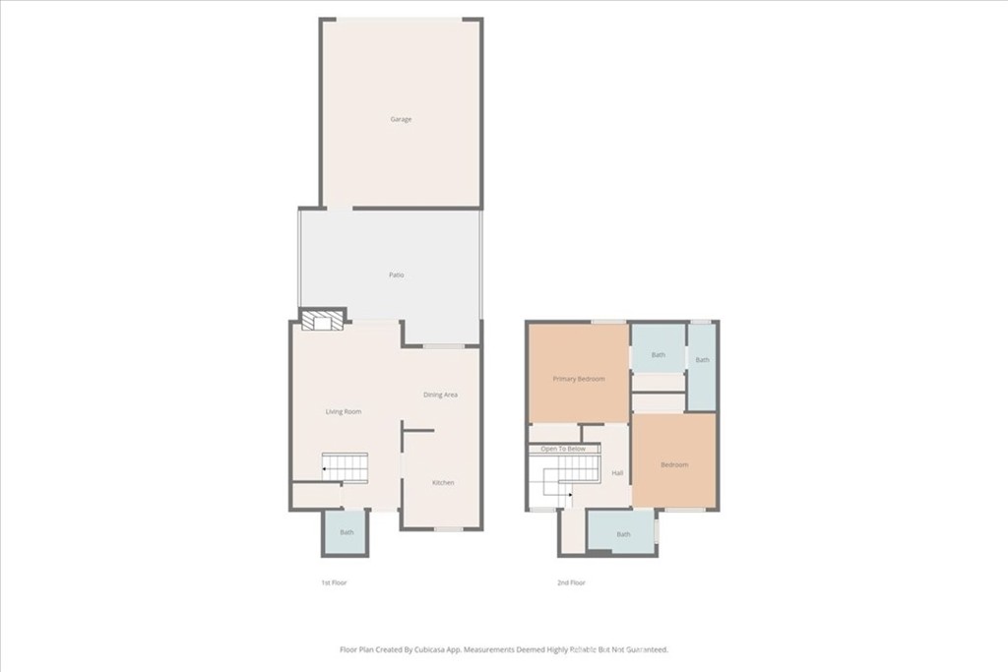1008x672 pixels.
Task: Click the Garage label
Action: click(x=401, y=119)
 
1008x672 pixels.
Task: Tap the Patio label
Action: click(x=396, y=275)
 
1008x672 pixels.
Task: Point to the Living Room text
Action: click(x=344, y=411)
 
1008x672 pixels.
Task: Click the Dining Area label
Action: click(x=440, y=395)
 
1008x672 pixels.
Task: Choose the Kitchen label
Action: click(x=443, y=482)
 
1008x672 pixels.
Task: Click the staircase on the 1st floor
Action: click(x=346, y=467)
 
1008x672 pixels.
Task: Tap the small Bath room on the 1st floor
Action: click(x=346, y=532)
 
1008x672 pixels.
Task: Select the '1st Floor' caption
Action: click(x=334, y=582)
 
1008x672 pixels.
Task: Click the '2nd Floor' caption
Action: click(x=571, y=582)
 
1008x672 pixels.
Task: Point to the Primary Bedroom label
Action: click(x=578, y=379)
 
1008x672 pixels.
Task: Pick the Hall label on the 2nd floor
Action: click(x=617, y=473)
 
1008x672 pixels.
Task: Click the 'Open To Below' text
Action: click(x=563, y=449)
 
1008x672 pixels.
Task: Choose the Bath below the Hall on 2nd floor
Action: click(x=623, y=533)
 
